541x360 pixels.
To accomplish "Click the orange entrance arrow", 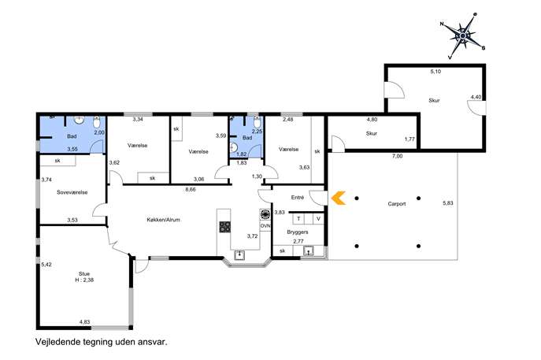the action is [338, 198].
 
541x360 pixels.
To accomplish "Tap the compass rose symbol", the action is [463, 36].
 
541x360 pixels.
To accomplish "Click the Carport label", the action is [396, 204].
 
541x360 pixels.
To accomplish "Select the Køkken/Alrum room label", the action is [163, 220].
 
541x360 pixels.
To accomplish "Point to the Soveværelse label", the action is [72, 192].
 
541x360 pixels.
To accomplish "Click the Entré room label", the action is [298, 198].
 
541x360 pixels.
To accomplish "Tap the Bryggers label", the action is [298, 232].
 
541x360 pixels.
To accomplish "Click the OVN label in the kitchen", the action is [265, 226].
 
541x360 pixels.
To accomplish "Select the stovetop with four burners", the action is [225, 227].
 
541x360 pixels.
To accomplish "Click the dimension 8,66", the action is [190, 189].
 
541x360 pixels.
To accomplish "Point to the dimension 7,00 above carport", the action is [397, 156].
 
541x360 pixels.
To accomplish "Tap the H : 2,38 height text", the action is [84, 280].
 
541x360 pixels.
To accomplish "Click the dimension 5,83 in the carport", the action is [448, 203].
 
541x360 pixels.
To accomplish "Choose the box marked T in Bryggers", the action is [298, 219].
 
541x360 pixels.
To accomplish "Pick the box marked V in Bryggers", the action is [318, 219].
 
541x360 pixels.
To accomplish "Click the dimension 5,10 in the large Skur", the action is [435, 72].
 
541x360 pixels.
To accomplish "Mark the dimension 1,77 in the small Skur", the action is [409, 139].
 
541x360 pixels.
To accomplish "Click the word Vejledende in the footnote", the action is [57, 342].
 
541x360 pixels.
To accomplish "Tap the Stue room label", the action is [83, 273].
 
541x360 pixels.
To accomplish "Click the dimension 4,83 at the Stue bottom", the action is [84, 321].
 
